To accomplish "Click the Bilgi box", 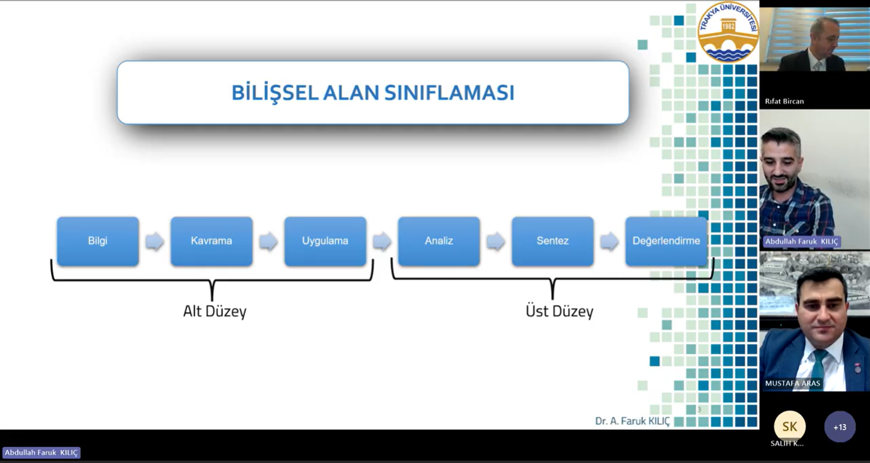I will [x=98, y=241].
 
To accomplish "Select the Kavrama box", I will [x=211, y=241].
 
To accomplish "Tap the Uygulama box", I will [x=325, y=241].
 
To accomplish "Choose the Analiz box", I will [x=438, y=241].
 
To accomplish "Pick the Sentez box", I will [x=552, y=241].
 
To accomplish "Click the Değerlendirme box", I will [x=666, y=241].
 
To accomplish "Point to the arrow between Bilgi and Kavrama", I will [x=155, y=242].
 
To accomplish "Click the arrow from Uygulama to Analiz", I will [x=382, y=242].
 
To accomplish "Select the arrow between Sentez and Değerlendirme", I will [x=609, y=242].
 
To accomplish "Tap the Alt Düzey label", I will [x=214, y=311].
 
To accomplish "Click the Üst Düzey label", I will [x=559, y=311].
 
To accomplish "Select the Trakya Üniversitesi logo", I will [x=728, y=33].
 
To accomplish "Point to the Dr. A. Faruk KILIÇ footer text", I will [x=632, y=421].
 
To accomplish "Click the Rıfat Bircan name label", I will [x=784, y=101].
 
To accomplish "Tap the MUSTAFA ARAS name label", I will [x=792, y=383].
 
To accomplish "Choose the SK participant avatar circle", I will [x=789, y=426].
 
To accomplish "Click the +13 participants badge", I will [x=840, y=427].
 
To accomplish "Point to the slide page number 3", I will [x=699, y=409].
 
